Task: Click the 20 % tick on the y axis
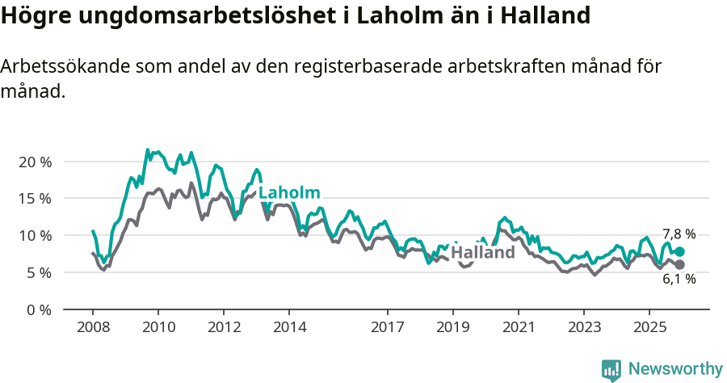coord(35,162)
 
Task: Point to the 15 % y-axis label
coord(35,199)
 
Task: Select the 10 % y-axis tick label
coord(35,236)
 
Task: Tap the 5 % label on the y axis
coord(38,273)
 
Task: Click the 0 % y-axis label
coord(38,310)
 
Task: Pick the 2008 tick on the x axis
coord(93,327)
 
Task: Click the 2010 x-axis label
coord(158,327)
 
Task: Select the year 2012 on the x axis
coord(224,327)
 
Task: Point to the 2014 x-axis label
coord(289,327)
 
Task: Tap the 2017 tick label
coord(387,327)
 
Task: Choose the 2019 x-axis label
coord(452,327)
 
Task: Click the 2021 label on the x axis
coord(518,327)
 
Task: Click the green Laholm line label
coord(289,192)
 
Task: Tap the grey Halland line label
coord(482,252)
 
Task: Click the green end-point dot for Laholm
coord(679,252)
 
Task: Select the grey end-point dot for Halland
coord(679,264)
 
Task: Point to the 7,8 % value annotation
coord(679,234)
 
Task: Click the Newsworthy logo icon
coord(611,370)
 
